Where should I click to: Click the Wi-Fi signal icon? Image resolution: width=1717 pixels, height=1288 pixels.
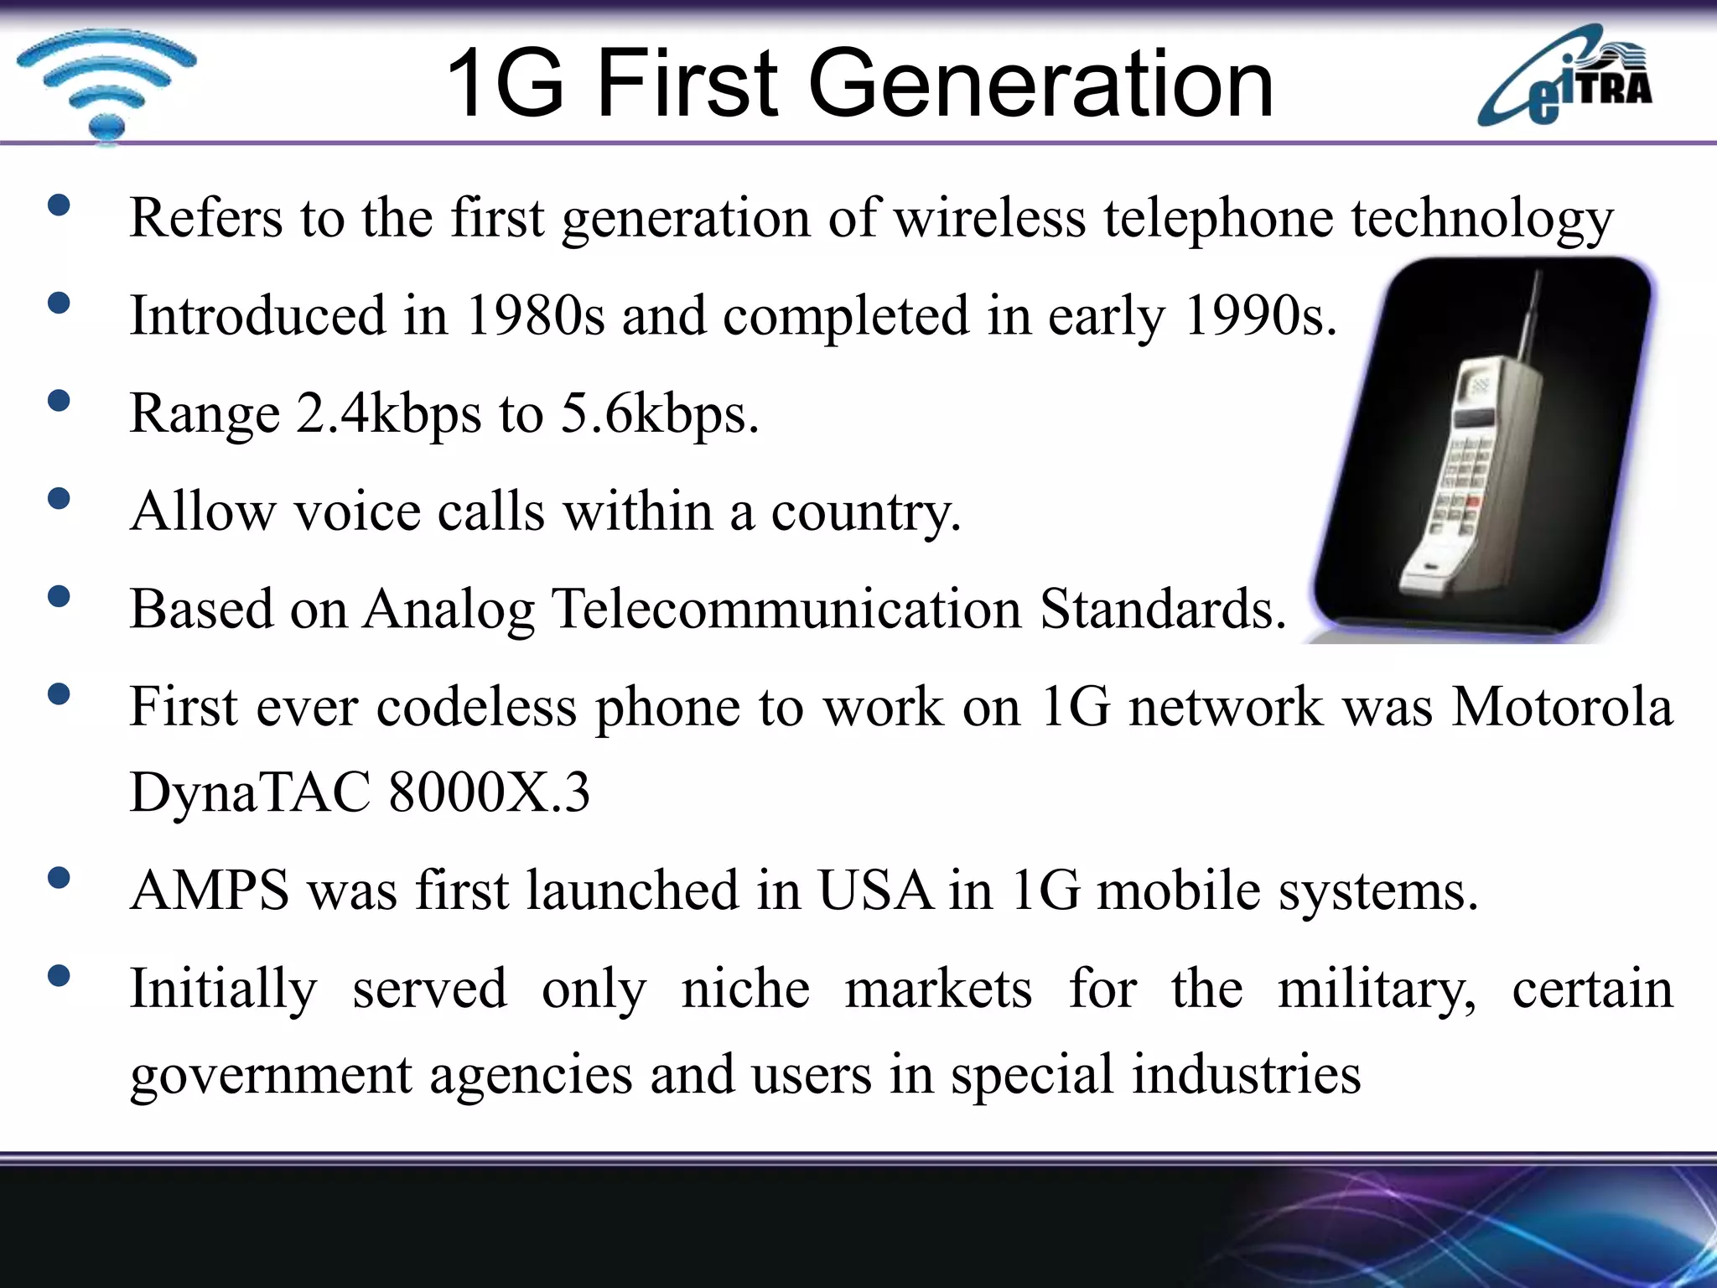point(106,84)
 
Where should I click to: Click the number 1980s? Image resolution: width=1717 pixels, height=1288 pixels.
point(534,316)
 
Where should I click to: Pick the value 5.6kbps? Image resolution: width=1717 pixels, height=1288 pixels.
point(659,414)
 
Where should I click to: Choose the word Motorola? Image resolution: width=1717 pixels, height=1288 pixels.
point(1562,707)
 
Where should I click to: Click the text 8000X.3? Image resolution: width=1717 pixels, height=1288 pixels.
point(490,792)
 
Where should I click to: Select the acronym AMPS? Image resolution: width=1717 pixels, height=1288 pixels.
point(210,891)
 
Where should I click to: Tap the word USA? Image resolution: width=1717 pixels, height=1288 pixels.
point(874,891)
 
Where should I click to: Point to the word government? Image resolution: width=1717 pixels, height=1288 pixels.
point(271,1076)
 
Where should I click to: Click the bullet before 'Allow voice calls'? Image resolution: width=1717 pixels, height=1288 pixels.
point(59,499)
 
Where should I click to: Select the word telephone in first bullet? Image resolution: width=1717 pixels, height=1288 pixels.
point(1218,219)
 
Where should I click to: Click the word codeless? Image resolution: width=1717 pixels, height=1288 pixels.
point(476,707)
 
